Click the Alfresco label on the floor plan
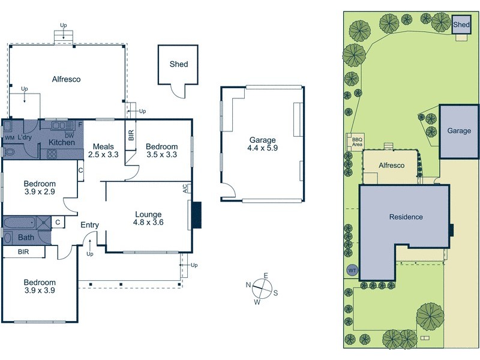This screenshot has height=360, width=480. [x=66, y=79]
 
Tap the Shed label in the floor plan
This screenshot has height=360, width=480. [x=179, y=64]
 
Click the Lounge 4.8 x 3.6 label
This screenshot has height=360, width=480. [x=148, y=218]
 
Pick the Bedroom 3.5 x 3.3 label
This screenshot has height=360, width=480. [x=162, y=151]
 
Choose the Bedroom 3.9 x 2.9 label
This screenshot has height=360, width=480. [x=40, y=188]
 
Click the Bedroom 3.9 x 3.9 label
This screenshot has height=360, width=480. [x=40, y=286]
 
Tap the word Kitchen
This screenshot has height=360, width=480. [x=61, y=142]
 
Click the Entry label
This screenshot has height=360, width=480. [x=90, y=225]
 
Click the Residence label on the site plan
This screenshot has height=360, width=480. [x=406, y=217]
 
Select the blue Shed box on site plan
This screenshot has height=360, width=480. [x=461, y=25]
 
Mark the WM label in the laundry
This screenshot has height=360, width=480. [x=9, y=137]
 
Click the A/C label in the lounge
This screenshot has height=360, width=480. [x=185, y=188]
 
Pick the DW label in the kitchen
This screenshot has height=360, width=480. [x=70, y=135]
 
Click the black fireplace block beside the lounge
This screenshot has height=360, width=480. [x=196, y=215]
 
